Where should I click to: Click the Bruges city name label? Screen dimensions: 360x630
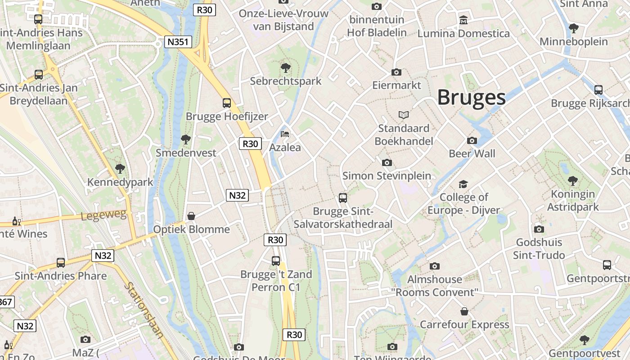pyautogui.click(x=471, y=97)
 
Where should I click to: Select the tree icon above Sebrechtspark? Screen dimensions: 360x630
pyautogui.click(x=285, y=68)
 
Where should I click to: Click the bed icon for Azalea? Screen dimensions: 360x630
pyautogui.click(x=285, y=134)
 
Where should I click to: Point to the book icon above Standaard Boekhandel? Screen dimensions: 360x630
pyautogui.click(x=403, y=115)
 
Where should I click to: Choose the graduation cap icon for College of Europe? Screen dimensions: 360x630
pyautogui.click(x=463, y=184)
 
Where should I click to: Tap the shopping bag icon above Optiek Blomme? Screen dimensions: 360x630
pyautogui.click(x=191, y=216)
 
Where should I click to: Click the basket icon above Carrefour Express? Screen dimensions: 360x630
pyautogui.click(x=464, y=311)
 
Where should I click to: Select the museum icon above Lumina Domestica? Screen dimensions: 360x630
pyautogui.click(x=463, y=20)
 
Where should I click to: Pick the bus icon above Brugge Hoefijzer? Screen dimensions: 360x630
pyautogui.click(x=227, y=103)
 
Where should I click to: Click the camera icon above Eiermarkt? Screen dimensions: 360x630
pyautogui.click(x=396, y=72)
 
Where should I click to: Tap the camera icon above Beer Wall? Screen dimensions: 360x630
pyautogui.click(x=472, y=140)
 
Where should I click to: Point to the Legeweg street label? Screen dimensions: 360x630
pyautogui.click(x=104, y=215)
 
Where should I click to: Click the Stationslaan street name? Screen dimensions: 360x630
pyautogui.click(x=144, y=310)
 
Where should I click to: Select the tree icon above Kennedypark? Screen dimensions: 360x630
pyautogui.click(x=120, y=169)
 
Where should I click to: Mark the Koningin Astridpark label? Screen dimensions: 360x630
pyautogui.click(x=572, y=201)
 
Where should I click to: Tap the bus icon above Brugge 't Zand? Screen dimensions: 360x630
pyautogui.click(x=275, y=261)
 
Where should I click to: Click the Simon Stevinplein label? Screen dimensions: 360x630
pyautogui.click(x=387, y=175)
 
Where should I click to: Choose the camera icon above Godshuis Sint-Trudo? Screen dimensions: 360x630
pyautogui.click(x=539, y=229)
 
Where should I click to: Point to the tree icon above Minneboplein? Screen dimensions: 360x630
pyautogui.click(x=573, y=28)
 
